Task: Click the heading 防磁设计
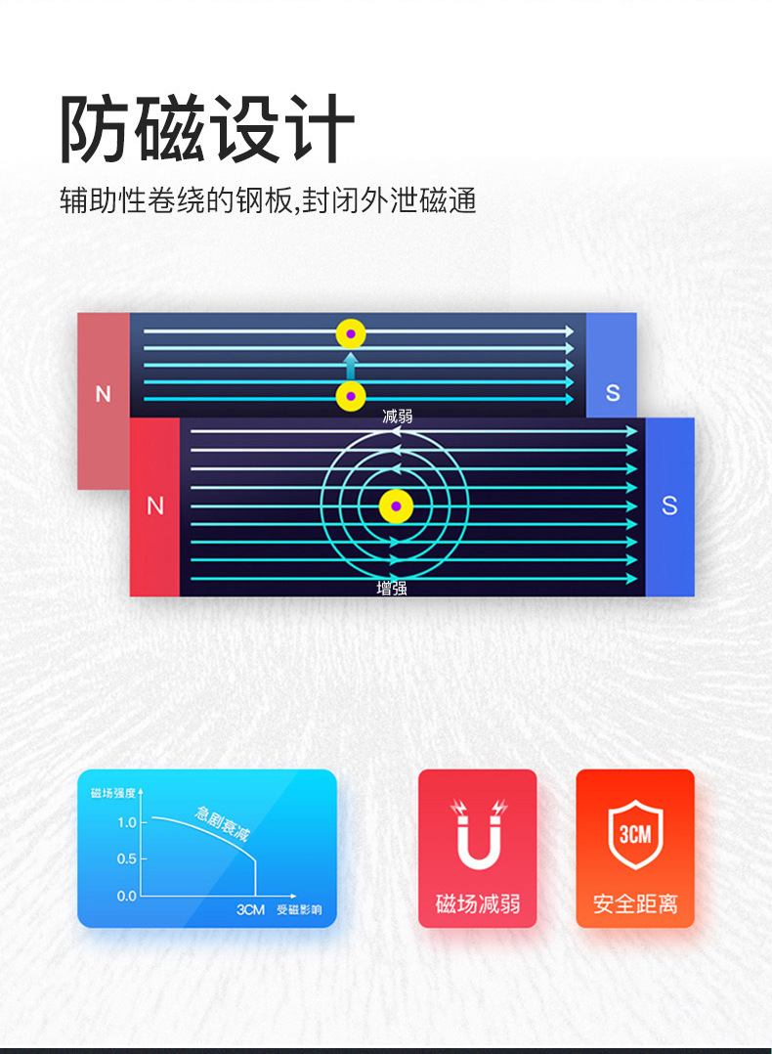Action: [x=207, y=128]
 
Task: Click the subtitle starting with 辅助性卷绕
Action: [x=268, y=200]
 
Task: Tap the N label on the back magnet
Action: [x=103, y=395]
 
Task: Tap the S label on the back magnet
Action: [x=613, y=393]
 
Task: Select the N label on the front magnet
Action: [x=154, y=506]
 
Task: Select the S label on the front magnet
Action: [x=669, y=505]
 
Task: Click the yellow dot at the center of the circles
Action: [x=396, y=506]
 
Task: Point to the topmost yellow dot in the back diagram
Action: [x=351, y=334]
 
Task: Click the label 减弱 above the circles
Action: [x=397, y=417]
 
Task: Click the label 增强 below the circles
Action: [x=392, y=589]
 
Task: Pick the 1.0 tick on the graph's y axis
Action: [x=127, y=822]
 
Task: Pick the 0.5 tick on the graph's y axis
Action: [x=127, y=858]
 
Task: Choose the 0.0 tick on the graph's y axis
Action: [x=127, y=896]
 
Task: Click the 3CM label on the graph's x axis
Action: [x=250, y=910]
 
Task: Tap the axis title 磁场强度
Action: [x=112, y=792]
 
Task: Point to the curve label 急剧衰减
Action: [x=223, y=823]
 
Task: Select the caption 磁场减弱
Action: [x=478, y=904]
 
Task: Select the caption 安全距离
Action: [x=635, y=904]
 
